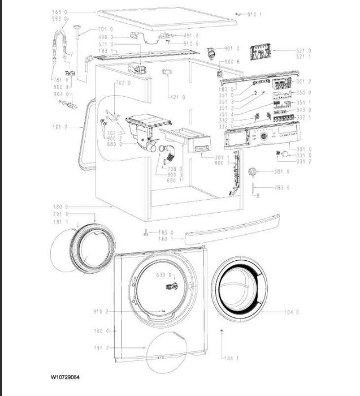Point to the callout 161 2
coord(74,127)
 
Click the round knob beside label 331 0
coord(287,154)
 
